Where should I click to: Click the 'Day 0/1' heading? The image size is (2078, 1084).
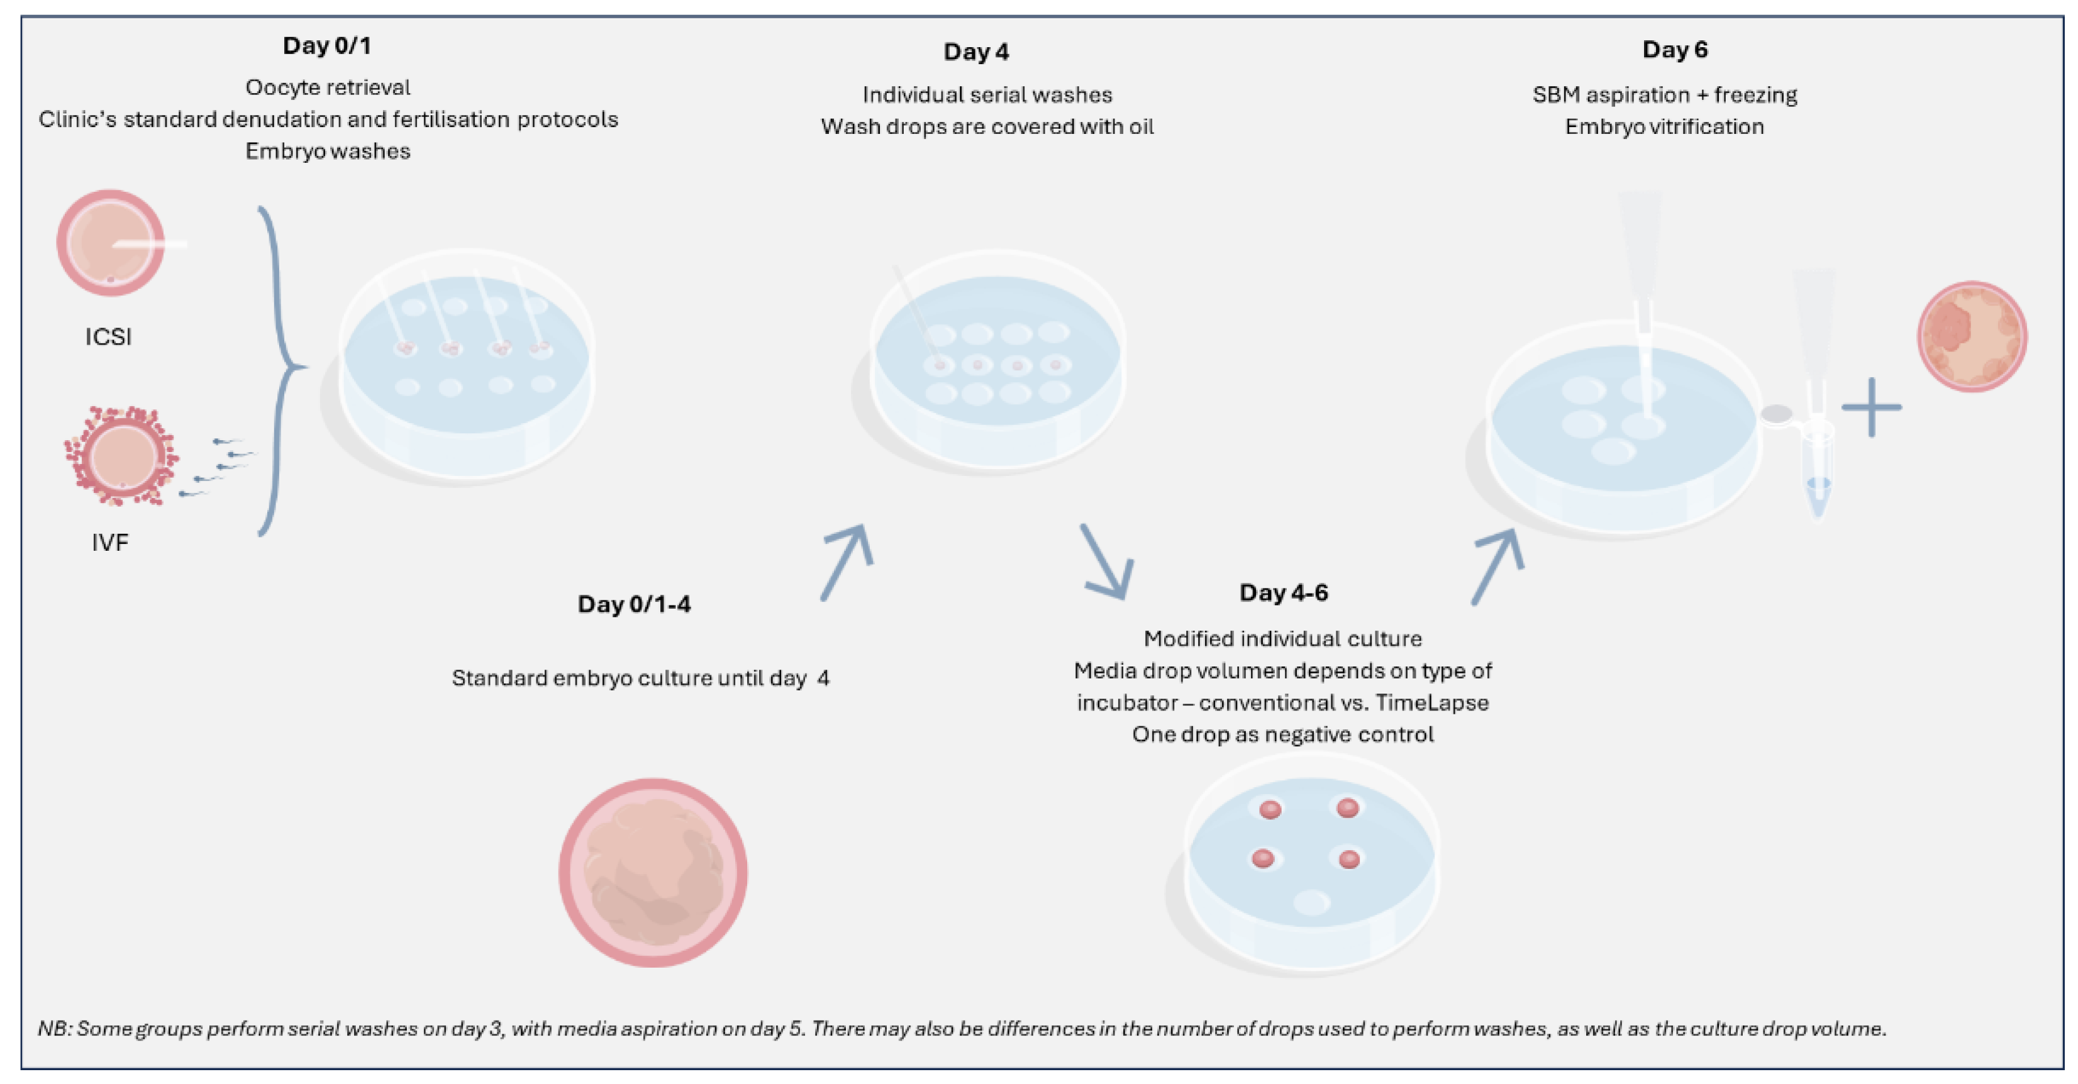(x=326, y=46)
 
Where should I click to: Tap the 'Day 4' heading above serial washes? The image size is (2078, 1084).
(x=976, y=52)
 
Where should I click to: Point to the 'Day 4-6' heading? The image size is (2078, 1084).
(x=1284, y=593)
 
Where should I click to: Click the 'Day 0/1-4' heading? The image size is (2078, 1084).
(x=634, y=604)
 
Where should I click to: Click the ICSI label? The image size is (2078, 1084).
(x=108, y=336)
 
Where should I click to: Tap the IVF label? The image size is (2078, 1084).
(x=109, y=543)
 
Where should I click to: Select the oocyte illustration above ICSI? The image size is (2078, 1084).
(x=111, y=243)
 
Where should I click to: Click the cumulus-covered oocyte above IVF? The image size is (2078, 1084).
(x=121, y=456)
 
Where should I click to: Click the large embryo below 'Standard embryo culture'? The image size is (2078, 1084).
(x=653, y=873)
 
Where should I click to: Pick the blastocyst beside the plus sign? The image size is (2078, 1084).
(x=1972, y=336)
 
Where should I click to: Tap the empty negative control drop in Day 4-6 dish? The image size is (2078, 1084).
(x=1312, y=901)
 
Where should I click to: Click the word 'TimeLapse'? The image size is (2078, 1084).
(x=1432, y=702)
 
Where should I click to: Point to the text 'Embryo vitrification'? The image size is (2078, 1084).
(x=1664, y=126)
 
